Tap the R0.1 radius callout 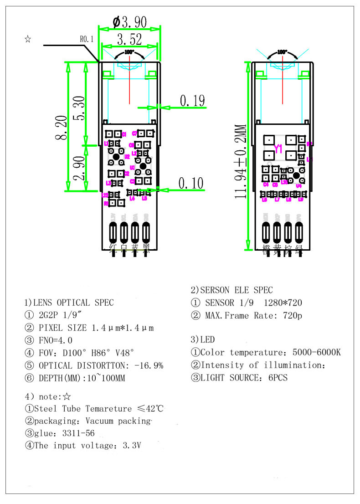(87, 40)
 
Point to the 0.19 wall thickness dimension (192, 101)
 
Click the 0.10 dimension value (191, 183)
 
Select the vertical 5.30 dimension (78, 108)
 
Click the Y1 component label (278, 149)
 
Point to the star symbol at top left (28, 39)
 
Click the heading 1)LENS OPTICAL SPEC (69, 303)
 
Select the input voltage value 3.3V (132, 446)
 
